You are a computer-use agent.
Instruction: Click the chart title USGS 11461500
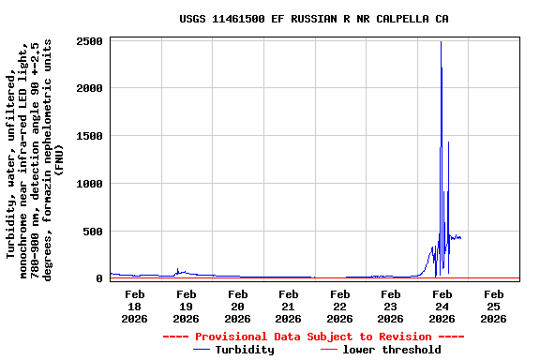click(313, 19)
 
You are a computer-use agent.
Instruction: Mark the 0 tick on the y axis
click(98, 278)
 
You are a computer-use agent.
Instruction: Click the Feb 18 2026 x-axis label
click(134, 306)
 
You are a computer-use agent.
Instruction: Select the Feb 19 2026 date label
click(186, 306)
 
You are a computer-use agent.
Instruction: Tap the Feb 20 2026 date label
click(237, 306)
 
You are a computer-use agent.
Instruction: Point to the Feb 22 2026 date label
click(339, 306)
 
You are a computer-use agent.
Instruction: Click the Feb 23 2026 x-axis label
click(391, 306)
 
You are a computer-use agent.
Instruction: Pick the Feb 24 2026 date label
click(442, 306)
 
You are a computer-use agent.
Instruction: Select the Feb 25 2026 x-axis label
click(493, 306)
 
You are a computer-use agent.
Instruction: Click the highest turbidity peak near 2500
click(441, 42)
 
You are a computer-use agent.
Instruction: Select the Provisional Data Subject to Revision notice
click(313, 337)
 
